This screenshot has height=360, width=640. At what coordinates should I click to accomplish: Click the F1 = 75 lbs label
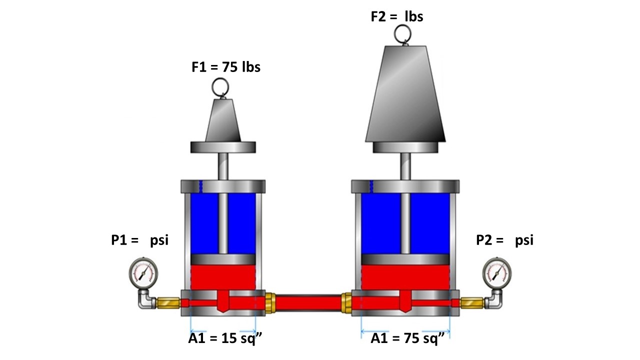pos(226,67)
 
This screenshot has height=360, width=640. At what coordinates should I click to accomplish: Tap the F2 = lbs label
pos(396,16)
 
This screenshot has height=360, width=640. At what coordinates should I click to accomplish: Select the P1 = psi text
pos(139,240)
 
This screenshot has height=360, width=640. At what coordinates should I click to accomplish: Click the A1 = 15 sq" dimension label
pos(225,339)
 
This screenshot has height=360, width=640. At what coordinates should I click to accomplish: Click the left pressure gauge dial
pos(143,272)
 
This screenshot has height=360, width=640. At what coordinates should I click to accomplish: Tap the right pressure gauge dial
pos(497,272)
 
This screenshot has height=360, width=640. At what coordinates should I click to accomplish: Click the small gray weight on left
pos(223,120)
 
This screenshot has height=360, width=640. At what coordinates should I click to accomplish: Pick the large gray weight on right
pos(405,95)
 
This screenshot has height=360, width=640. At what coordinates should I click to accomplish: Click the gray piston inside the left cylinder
pos(223,259)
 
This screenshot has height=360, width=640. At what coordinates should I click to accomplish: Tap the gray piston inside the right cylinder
pos(405,259)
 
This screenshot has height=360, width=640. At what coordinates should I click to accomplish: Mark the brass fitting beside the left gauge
pos(167,302)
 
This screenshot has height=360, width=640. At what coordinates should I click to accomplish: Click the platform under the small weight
pos(223,147)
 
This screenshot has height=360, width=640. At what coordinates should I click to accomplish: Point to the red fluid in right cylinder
pos(405,276)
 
